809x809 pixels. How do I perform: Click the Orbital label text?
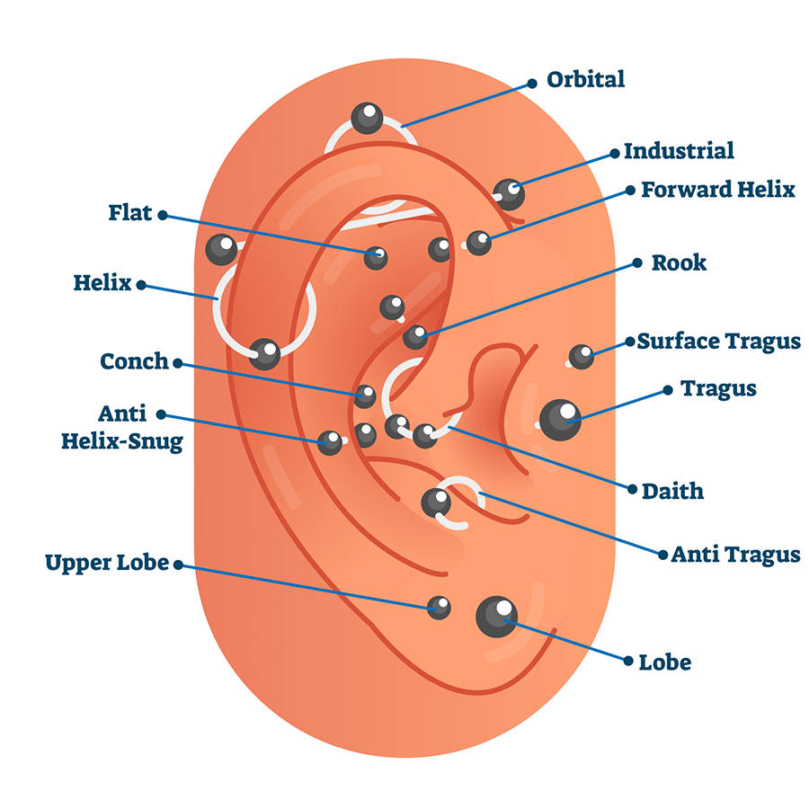(586, 79)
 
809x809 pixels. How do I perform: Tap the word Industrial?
(679, 151)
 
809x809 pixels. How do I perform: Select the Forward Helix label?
(717, 190)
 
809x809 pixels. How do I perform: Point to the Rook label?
(679, 263)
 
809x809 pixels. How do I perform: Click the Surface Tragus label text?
(718, 342)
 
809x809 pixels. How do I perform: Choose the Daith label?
(672, 491)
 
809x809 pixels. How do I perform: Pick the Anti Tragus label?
(735, 555)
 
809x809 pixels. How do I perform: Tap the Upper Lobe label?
(107, 563)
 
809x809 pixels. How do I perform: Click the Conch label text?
(134, 361)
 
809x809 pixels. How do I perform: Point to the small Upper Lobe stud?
(439, 608)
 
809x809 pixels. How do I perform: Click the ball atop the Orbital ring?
(367, 118)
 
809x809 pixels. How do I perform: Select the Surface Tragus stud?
(582, 357)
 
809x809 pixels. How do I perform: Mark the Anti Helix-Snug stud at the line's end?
(330, 441)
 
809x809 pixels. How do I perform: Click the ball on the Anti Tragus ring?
(437, 502)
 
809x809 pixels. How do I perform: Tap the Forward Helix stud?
(479, 241)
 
